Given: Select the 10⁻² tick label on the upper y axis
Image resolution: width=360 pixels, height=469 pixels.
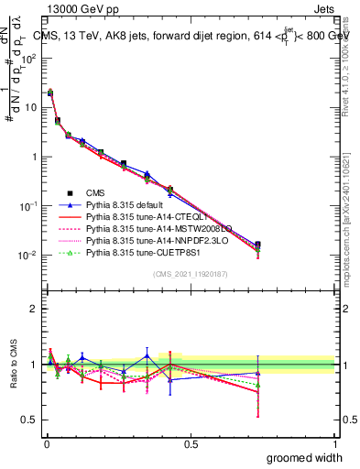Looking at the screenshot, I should point(27,255).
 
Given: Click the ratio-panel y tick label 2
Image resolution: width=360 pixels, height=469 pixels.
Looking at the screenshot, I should point(33,309).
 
